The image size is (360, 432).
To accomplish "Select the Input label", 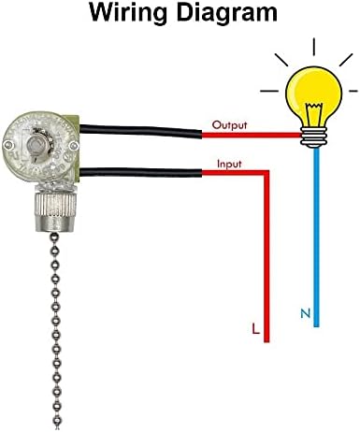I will pyautogui.click(x=230, y=164).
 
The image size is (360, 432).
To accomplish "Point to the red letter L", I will pyautogui.click(x=254, y=328).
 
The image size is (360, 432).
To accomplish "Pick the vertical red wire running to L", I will pyautogui.click(x=269, y=262).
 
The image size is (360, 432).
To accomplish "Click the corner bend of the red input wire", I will pyautogui.click(x=269, y=174).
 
